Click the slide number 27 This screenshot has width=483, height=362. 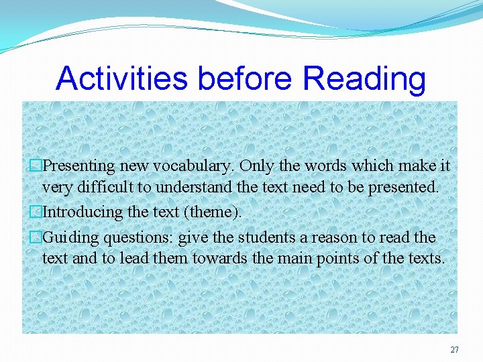point(454,349)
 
